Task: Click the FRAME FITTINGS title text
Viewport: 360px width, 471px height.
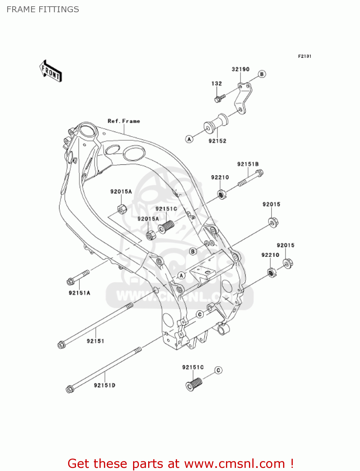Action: (x=43, y=9)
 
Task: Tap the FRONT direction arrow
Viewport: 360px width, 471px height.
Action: (x=51, y=71)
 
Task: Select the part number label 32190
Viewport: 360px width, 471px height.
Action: (x=240, y=69)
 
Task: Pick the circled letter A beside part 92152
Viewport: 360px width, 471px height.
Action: (x=189, y=139)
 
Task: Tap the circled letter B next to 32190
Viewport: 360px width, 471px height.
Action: (x=262, y=74)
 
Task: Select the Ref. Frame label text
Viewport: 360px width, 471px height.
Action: (x=124, y=121)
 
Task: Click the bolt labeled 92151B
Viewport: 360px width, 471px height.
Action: (x=251, y=178)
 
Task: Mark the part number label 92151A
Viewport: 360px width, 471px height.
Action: (x=79, y=293)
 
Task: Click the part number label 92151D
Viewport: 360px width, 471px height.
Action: (x=105, y=385)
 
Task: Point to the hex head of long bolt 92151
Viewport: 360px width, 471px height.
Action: (x=61, y=345)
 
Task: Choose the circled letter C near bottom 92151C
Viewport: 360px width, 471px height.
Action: (x=218, y=370)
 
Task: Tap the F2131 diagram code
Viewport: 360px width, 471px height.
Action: (x=304, y=56)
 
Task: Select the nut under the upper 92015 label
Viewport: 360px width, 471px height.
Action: (x=273, y=222)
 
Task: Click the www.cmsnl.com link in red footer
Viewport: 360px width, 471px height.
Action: (x=234, y=464)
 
